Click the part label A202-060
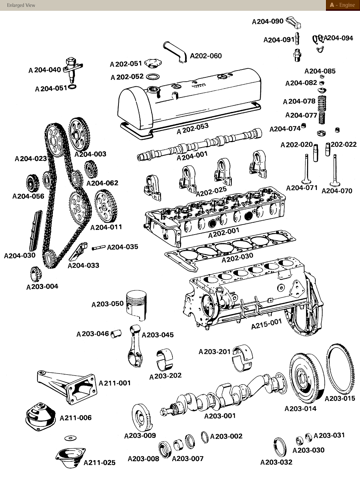206,56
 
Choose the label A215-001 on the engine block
266,323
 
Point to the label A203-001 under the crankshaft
220,416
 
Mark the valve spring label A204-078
299,101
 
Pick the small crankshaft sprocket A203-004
35,275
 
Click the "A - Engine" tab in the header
342,5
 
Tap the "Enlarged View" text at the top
21,5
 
